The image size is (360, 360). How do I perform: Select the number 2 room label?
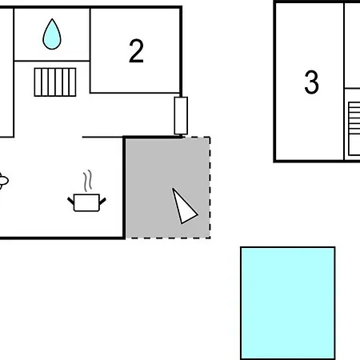click(136, 51)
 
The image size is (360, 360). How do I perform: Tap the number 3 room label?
click(311, 82)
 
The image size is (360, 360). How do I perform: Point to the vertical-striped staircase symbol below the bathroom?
click(55, 82)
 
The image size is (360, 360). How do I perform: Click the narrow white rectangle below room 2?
click(181, 116)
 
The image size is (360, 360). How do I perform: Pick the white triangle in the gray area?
click(184, 207)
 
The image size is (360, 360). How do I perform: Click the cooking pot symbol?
click(86, 202)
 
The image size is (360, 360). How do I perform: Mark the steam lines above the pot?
click(87, 181)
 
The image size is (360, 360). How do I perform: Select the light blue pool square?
click(288, 303)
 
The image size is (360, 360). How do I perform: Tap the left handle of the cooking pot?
click(70, 201)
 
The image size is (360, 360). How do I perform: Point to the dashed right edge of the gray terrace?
click(210, 187)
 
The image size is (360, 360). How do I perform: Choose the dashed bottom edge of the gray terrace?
click(168, 238)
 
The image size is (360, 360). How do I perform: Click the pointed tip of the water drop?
click(52, 19)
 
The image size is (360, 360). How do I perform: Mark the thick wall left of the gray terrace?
click(124, 187)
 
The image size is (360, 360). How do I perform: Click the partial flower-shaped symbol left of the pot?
click(3, 181)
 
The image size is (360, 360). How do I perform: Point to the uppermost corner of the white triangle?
click(173, 189)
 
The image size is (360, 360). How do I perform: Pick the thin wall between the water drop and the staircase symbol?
click(52, 61)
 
